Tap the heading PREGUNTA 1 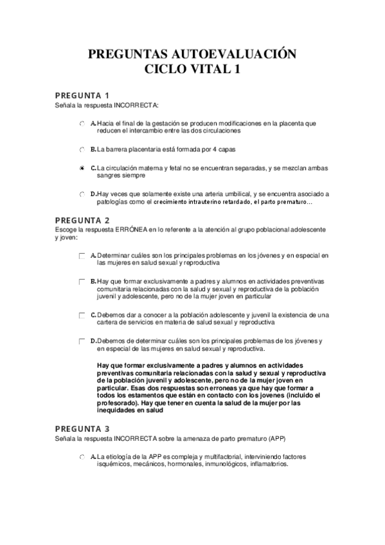(82, 96)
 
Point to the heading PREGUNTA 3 (82, 428)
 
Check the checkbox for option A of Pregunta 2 (82, 256)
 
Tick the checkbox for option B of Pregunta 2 (82, 281)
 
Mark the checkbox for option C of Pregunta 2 (82, 315)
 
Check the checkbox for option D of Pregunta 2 (82, 341)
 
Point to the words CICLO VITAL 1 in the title (192, 69)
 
